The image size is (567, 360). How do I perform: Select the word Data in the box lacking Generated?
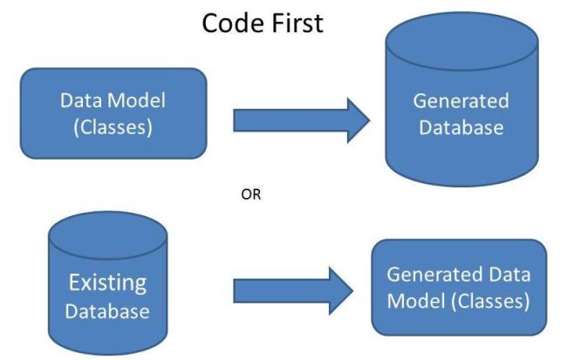77,100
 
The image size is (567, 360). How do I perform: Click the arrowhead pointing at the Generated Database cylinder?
356,119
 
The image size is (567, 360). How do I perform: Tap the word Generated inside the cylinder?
460,101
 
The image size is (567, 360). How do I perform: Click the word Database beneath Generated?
460,127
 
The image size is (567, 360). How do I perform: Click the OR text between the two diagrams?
250,195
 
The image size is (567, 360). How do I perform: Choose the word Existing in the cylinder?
108,284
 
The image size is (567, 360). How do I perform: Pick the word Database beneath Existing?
108,310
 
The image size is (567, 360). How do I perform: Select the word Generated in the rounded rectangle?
431,274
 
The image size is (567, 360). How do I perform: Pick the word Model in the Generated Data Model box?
415,302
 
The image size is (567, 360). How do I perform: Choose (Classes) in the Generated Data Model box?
488,302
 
